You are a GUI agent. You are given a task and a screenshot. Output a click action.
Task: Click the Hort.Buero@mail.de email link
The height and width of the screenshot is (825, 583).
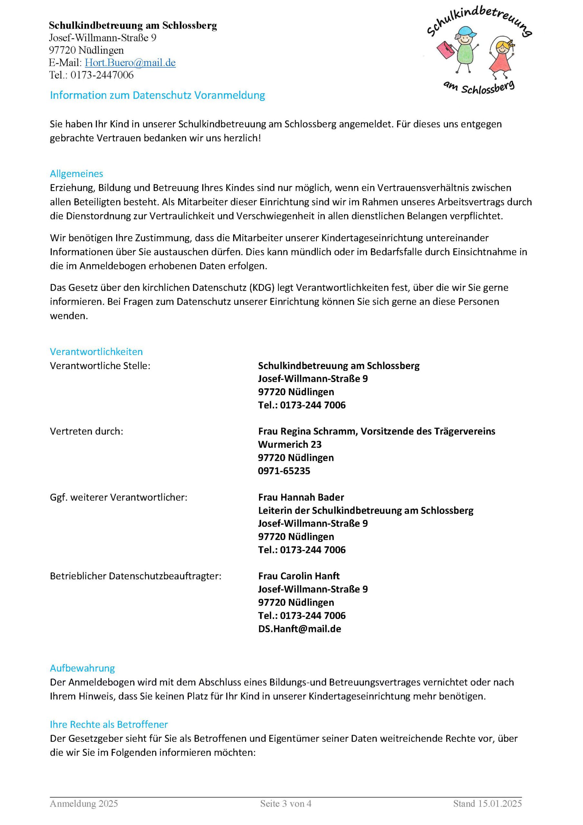tap(130, 63)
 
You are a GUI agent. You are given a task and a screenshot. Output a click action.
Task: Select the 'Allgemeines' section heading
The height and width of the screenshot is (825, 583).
tap(77, 174)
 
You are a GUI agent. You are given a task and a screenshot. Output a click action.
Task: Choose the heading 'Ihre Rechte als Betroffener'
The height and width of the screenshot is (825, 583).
tap(109, 724)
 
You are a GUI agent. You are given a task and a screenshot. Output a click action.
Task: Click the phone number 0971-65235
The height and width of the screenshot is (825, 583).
tap(284, 471)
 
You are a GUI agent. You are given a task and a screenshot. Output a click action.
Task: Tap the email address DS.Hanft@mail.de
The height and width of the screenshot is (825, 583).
tap(299, 629)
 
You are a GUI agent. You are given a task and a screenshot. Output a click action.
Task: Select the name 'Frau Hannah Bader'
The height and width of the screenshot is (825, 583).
tap(301, 497)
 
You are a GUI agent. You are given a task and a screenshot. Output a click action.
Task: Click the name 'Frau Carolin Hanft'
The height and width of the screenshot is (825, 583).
tap(299, 576)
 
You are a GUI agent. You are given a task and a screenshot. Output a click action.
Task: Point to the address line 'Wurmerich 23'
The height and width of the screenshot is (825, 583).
tap(290, 444)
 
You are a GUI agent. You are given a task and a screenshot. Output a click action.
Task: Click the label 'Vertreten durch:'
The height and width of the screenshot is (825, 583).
tap(87, 431)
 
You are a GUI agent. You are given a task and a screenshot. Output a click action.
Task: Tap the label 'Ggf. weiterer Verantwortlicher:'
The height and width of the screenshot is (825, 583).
tap(119, 497)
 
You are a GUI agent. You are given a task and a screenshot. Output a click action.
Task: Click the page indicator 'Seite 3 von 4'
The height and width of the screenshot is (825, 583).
tap(286, 803)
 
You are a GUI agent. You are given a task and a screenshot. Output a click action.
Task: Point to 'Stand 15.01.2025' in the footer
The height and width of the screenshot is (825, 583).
tap(487, 803)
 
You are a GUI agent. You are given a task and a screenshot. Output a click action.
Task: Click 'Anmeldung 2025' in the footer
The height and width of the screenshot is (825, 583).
tap(84, 803)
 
